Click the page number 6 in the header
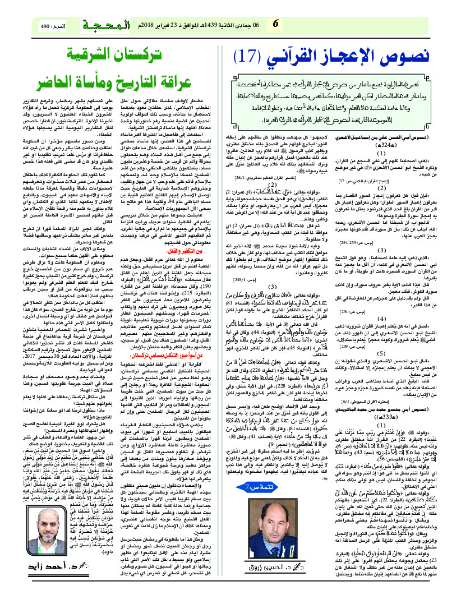pos(275,24)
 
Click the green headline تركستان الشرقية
pos(118,57)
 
